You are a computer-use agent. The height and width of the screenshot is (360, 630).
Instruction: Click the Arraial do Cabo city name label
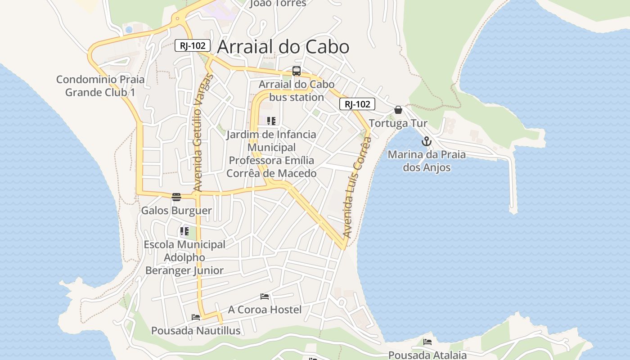pyautogui.click(x=283, y=47)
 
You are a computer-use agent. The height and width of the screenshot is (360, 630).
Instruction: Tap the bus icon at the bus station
pyautogui.click(x=296, y=71)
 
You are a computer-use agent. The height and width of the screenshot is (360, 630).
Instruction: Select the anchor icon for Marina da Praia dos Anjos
pyautogui.click(x=426, y=142)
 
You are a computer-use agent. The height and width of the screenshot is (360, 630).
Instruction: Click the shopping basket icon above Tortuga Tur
pyautogui.click(x=398, y=110)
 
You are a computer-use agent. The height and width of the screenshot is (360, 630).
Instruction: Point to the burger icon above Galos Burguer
pyautogui.click(x=176, y=197)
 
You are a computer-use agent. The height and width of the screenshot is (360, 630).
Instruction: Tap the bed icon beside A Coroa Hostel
pyautogui.click(x=265, y=297)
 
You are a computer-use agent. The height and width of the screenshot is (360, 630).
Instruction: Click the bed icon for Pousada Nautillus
pyautogui.click(x=196, y=317)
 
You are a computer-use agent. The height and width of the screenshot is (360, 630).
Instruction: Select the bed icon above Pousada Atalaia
pyautogui.click(x=427, y=342)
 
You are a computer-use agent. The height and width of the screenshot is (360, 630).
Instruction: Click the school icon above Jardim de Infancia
pyautogui.click(x=271, y=121)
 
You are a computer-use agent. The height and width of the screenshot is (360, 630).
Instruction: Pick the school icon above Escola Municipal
pyautogui.click(x=184, y=232)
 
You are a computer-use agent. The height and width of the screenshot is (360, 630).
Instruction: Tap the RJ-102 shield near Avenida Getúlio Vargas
pyautogui.click(x=193, y=45)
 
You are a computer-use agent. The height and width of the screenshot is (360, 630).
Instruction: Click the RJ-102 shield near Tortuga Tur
pyautogui.click(x=357, y=104)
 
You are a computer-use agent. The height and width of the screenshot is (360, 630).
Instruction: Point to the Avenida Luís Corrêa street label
pyautogui.click(x=357, y=187)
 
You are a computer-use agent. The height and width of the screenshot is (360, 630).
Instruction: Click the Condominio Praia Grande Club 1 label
pyautogui.click(x=100, y=86)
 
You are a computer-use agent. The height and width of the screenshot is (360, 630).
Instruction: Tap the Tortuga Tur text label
pyautogui.click(x=398, y=123)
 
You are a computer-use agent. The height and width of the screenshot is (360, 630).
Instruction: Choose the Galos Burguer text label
pyautogui.click(x=176, y=211)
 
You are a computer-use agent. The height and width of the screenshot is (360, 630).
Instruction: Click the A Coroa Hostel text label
pyautogui.click(x=265, y=310)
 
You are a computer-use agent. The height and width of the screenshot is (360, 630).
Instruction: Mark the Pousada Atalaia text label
pyautogui.click(x=427, y=355)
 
